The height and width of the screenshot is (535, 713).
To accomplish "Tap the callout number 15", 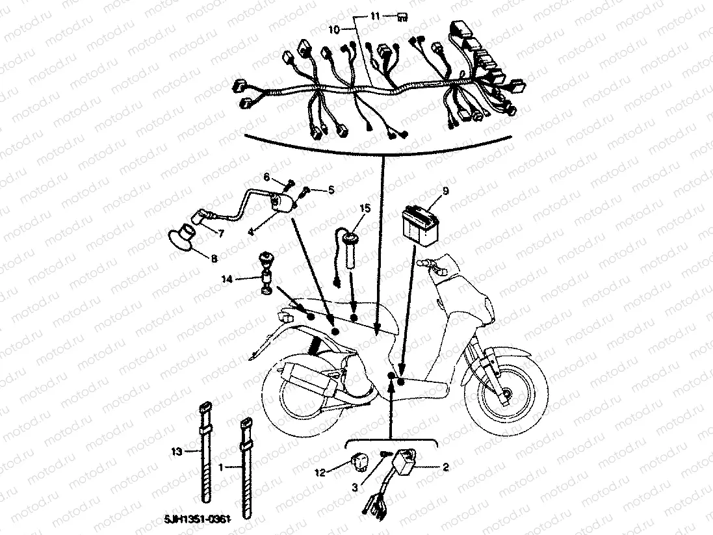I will pyautogui.click(x=365, y=209).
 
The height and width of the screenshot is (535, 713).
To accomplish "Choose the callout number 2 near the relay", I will pyautogui.click(x=445, y=466).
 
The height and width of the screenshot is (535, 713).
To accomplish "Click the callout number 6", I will pyautogui.click(x=266, y=177).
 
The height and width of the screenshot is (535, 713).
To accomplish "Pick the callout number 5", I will pyautogui.click(x=330, y=190).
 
